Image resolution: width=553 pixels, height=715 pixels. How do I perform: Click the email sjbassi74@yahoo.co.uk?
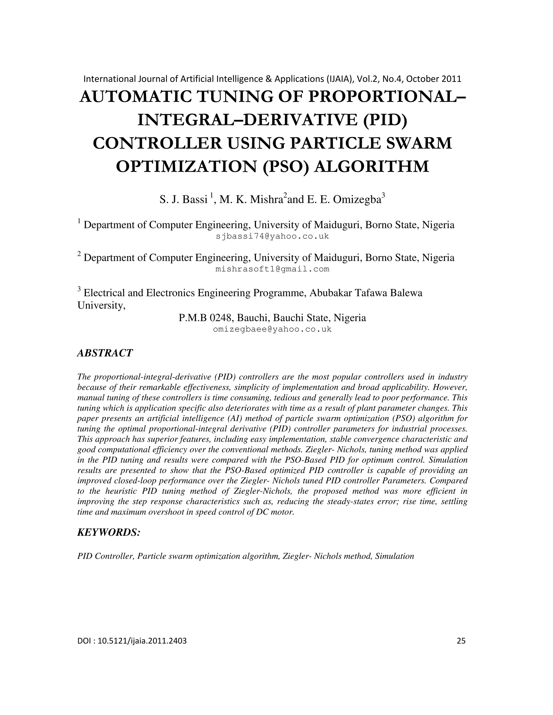(x=272, y=236)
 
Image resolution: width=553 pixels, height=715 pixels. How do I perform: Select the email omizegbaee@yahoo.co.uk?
(x=272, y=329)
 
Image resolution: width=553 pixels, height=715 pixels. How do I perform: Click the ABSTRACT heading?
(x=105, y=353)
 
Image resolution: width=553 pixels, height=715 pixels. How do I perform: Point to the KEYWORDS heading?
(x=109, y=532)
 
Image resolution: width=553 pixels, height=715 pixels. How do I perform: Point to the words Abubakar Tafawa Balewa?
(x=366, y=293)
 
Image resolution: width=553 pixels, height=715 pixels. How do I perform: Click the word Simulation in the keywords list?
(x=394, y=556)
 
